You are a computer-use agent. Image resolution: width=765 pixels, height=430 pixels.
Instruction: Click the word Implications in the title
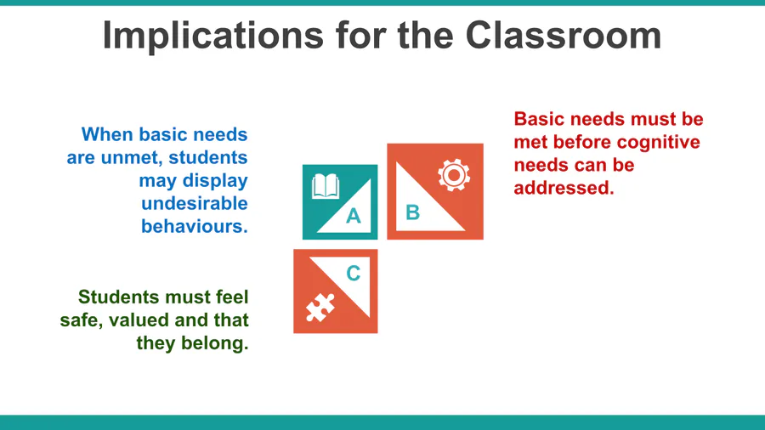click(213, 36)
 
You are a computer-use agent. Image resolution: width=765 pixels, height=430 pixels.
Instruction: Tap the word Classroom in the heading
click(564, 35)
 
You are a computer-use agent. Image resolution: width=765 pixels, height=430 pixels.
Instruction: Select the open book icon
click(326, 186)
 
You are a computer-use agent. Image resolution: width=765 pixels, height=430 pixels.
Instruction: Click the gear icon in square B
click(454, 175)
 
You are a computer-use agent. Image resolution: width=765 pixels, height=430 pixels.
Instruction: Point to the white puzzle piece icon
click(320, 307)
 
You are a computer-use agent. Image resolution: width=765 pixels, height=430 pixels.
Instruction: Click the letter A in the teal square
click(354, 216)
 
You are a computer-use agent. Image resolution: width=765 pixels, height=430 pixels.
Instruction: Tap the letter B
click(413, 212)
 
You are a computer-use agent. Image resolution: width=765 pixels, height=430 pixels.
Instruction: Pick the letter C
click(354, 273)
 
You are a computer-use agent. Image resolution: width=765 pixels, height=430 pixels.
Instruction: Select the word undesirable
click(195, 203)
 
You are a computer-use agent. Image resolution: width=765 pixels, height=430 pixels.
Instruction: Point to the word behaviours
click(195, 226)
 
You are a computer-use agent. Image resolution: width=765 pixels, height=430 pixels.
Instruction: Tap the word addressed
click(564, 188)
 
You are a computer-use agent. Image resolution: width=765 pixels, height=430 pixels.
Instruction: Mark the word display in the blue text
click(215, 181)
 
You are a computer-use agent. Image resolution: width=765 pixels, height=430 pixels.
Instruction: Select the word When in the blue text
click(107, 134)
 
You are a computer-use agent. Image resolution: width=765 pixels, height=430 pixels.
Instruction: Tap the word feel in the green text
click(231, 297)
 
